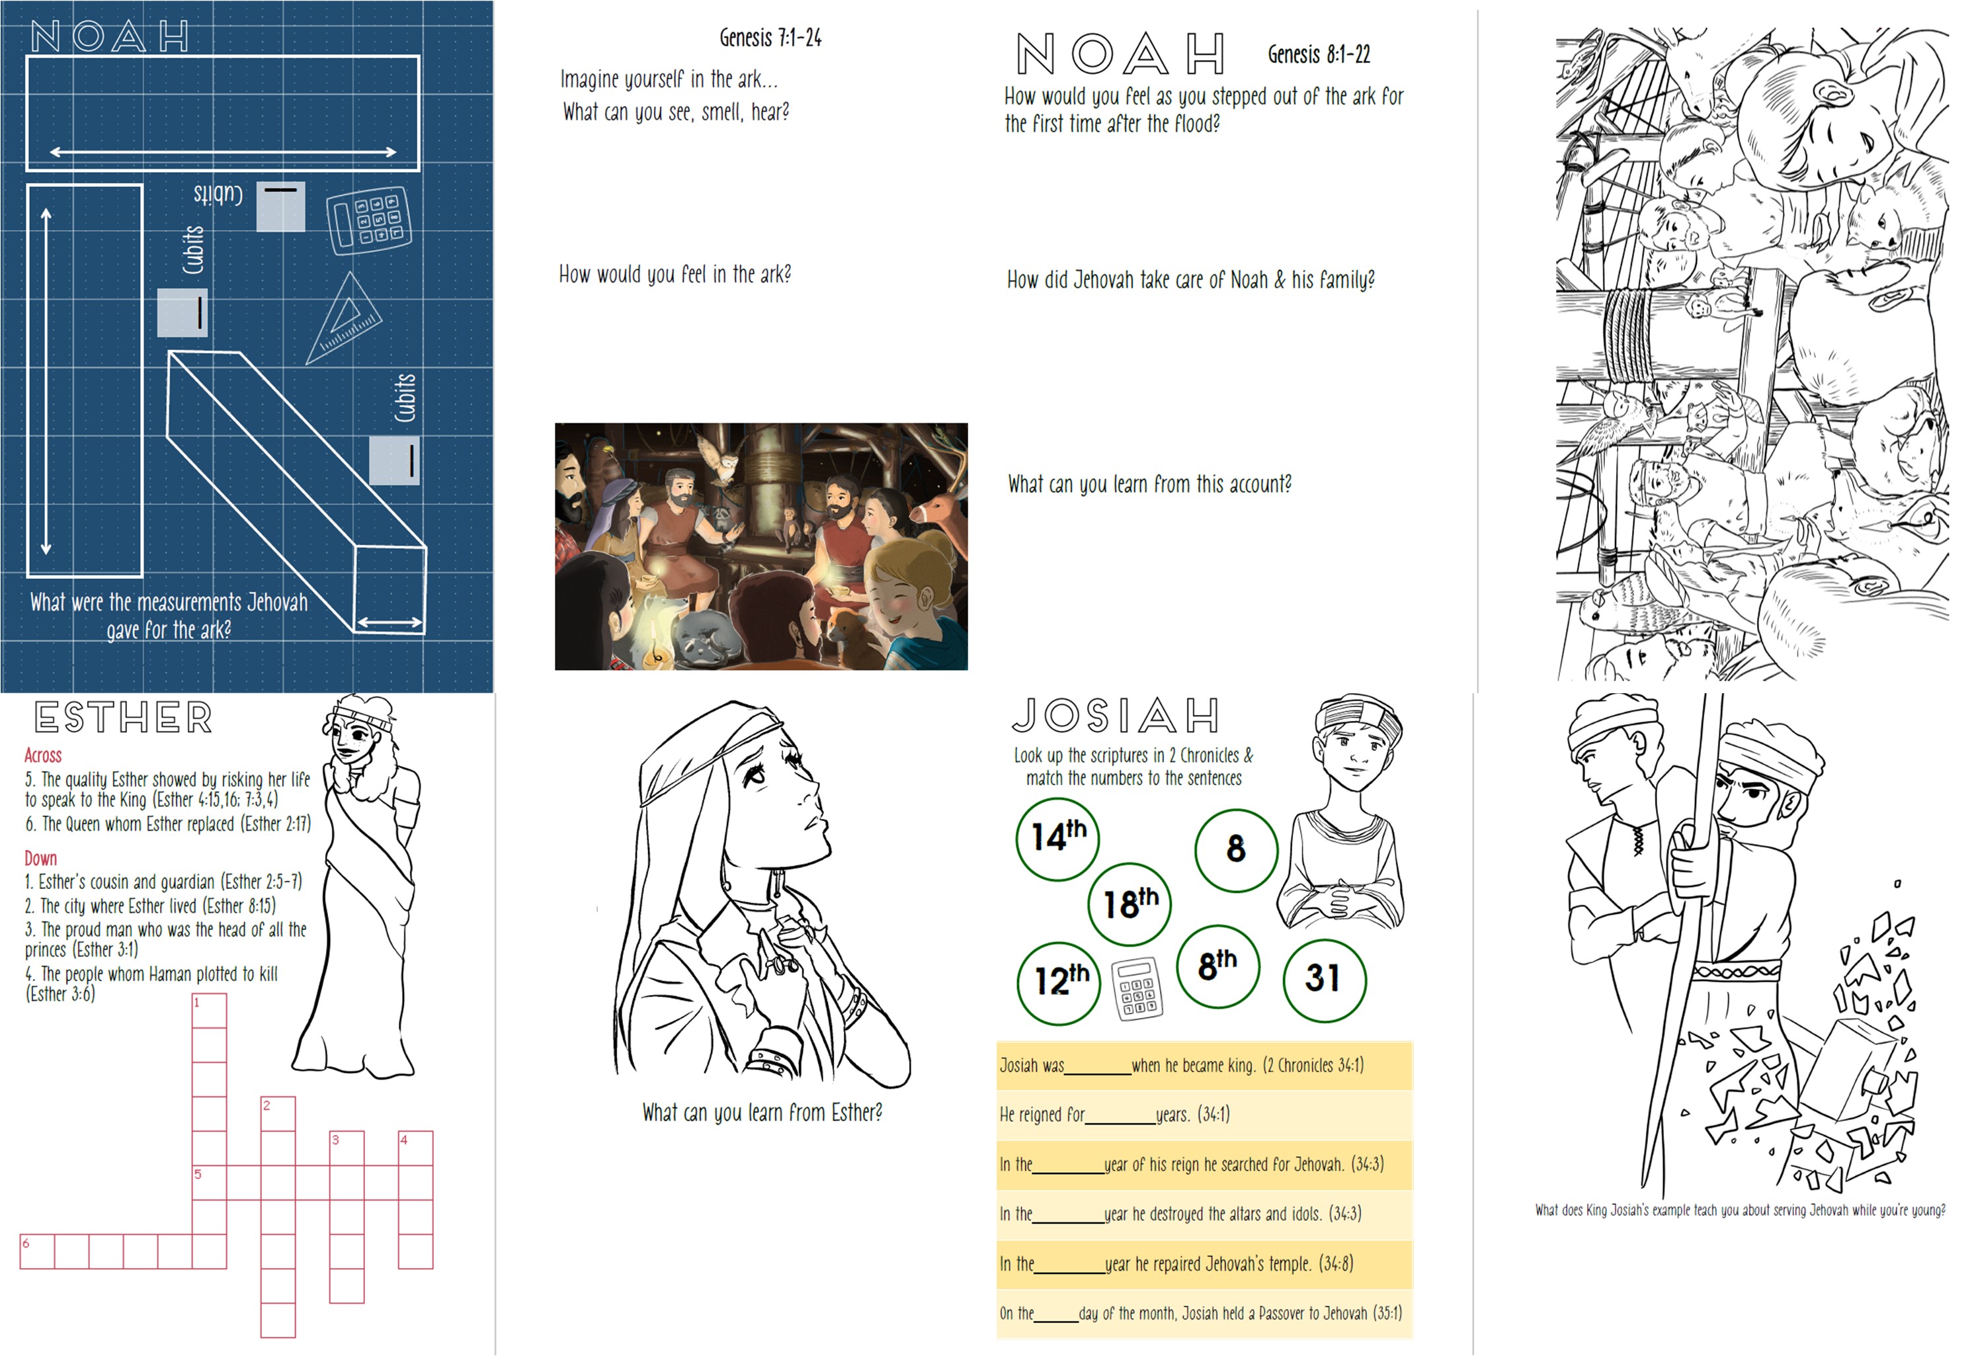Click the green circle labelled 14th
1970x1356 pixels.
click(x=1057, y=839)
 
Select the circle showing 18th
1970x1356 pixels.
click(x=1130, y=904)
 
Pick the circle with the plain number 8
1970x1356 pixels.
click(x=1236, y=849)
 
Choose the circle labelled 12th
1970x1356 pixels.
click(x=1059, y=983)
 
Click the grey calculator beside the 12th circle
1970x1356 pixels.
click(x=1137, y=989)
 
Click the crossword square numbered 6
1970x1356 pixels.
click(x=38, y=1251)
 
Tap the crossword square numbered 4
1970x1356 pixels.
click(x=415, y=1148)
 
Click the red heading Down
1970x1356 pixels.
click(x=41, y=858)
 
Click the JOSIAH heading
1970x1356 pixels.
click(x=1116, y=716)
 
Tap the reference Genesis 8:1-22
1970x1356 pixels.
click(x=1319, y=54)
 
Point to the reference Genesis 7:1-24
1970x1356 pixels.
click(x=770, y=38)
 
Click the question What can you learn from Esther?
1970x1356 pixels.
click(x=762, y=1112)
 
